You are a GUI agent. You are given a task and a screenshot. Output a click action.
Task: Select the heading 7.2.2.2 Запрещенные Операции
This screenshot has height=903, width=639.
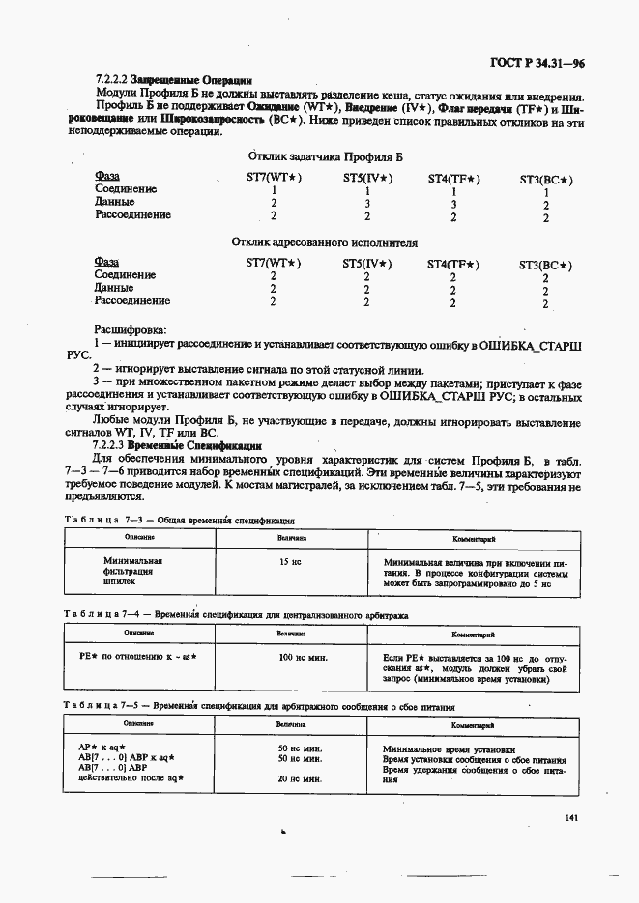[x=174, y=82]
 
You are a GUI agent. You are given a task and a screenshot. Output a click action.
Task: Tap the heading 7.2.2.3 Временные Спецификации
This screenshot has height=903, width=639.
[x=178, y=446]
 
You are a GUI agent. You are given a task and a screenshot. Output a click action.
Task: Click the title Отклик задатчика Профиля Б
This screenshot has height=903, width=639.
[x=325, y=155]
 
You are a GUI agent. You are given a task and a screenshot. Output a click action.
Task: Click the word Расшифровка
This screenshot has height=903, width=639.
[x=131, y=329]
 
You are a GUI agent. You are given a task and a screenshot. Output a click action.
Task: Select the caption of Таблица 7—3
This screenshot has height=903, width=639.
[x=179, y=520]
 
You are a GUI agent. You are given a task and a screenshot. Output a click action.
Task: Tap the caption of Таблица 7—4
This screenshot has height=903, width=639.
[x=237, y=613]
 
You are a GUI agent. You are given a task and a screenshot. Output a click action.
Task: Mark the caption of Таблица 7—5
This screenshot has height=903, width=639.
[x=256, y=706]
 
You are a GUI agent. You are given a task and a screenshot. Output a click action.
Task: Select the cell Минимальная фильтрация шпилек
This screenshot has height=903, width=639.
[x=132, y=572]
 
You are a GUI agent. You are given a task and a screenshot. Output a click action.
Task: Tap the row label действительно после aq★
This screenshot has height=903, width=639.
[x=131, y=777]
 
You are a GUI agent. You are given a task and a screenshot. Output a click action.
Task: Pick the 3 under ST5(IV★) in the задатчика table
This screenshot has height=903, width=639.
[x=367, y=204]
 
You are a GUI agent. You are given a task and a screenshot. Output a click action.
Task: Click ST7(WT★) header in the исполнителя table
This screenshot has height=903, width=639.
[x=274, y=264]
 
